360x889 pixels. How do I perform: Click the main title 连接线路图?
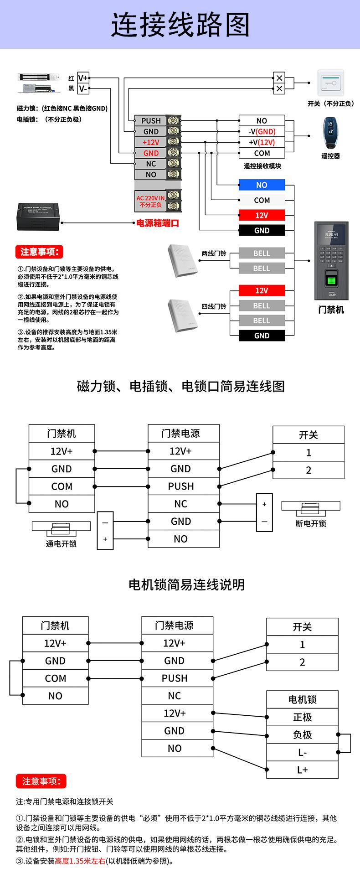[x=180, y=25]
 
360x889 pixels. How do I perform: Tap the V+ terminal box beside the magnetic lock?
[x=83, y=78]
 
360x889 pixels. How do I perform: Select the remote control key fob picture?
[x=330, y=134]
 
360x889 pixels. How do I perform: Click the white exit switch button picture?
[x=330, y=83]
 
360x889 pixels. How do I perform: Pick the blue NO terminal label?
[x=262, y=185]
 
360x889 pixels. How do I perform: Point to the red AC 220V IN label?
[x=150, y=201]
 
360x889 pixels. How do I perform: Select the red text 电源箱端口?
[x=158, y=223]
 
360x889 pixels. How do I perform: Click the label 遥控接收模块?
[x=262, y=166]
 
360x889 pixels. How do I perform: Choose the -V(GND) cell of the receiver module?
[x=262, y=131]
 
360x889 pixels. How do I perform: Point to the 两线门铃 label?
[x=214, y=253]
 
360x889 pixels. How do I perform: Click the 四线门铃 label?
[x=214, y=306]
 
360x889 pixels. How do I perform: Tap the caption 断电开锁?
[x=311, y=523]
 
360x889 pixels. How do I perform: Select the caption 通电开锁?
[x=61, y=543]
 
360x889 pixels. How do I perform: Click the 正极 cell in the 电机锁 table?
[x=302, y=717]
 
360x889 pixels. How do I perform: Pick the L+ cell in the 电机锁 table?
[x=302, y=770]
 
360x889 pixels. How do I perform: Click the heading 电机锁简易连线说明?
[x=187, y=584]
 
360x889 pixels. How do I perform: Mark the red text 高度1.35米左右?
[x=80, y=861]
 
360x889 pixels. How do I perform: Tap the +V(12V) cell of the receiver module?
[x=262, y=142]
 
